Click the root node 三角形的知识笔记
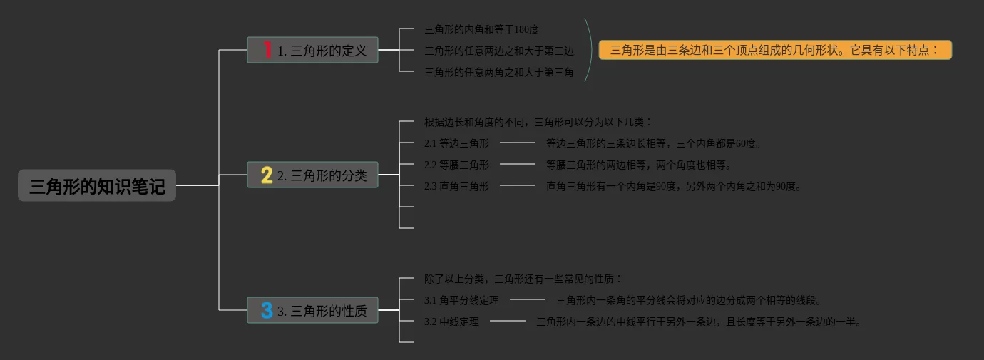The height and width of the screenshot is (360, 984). [x=97, y=186]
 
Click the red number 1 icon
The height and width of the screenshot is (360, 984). [x=267, y=50]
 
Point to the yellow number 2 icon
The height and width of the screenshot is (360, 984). [x=267, y=175]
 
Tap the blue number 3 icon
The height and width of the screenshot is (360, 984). [x=267, y=310]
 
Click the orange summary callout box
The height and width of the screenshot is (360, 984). [x=775, y=50]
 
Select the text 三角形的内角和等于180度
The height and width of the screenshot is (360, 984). [x=481, y=29]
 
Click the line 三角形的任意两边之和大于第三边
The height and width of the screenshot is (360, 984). [x=498, y=51]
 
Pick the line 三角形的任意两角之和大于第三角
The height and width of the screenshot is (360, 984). [x=498, y=72]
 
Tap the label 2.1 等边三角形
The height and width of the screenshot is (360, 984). [x=456, y=143]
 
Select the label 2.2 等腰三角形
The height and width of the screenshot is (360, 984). [x=456, y=165]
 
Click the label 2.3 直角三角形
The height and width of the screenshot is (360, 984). [x=456, y=186]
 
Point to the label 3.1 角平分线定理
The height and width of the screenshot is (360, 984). [x=461, y=300]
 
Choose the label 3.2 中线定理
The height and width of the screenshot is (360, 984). [x=451, y=322]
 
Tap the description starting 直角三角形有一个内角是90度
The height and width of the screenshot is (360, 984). [x=674, y=186]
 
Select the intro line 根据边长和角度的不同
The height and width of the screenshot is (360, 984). [x=538, y=122]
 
